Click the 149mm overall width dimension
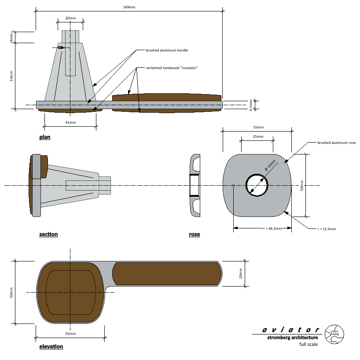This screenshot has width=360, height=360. pyautogui.click(x=129, y=7)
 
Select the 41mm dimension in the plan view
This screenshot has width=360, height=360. pyautogui.click(x=70, y=122)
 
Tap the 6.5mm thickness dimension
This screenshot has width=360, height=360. pyautogui.click(x=251, y=104)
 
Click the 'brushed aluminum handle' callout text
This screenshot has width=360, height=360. pyautogui.click(x=167, y=50)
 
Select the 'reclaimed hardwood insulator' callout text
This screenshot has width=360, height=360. pyautogui.click(x=172, y=68)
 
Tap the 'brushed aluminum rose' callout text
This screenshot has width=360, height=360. pyautogui.click(x=336, y=143)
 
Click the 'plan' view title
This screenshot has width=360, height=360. pyautogui.click(x=45, y=137)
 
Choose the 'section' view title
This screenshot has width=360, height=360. pyautogui.click(x=48, y=234)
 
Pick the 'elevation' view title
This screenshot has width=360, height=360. pyautogui.click(x=51, y=346)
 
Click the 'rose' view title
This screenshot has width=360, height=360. pyautogui.click(x=195, y=234)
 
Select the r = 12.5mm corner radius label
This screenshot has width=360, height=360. pyautogui.click(x=327, y=229)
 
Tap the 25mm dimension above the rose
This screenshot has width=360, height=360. pyautogui.click(x=257, y=136)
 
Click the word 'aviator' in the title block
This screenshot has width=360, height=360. pyautogui.click(x=291, y=330)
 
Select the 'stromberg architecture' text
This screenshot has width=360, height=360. pyautogui.click(x=292, y=338)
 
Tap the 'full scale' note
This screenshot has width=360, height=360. pyautogui.click(x=309, y=344)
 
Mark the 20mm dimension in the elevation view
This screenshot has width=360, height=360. pyautogui.click(x=241, y=273)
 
